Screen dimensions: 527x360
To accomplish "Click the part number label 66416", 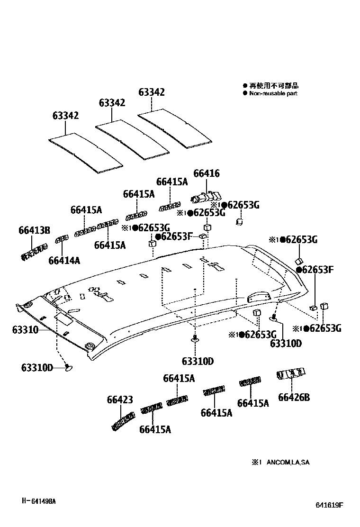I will pyautogui.click(x=207, y=174).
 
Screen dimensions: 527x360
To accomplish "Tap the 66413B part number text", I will pyautogui.click(x=35, y=230).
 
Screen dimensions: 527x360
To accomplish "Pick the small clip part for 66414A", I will pyautogui.click(x=60, y=240).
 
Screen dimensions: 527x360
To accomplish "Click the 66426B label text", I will pyautogui.click(x=294, y=397).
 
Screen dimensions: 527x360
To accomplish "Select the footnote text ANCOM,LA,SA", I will pyautogui.click(x=288, y=462).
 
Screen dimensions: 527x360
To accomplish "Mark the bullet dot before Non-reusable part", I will pyautogui.click(x=245, y=93).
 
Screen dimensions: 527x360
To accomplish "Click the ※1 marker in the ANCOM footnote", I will pyautogui.click(x=256, y=462).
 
